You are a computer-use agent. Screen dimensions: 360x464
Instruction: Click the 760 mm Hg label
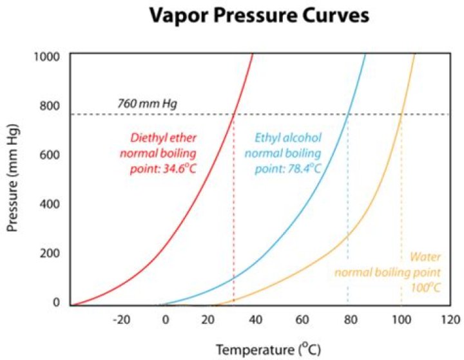[148, 103]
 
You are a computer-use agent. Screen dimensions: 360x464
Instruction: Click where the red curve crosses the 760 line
[233, 115]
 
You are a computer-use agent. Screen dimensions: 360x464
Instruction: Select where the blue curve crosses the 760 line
[348, 115]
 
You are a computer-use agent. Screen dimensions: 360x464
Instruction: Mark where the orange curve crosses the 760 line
[401, 115]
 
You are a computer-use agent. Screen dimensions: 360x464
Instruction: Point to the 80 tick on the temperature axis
[347, 319]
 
